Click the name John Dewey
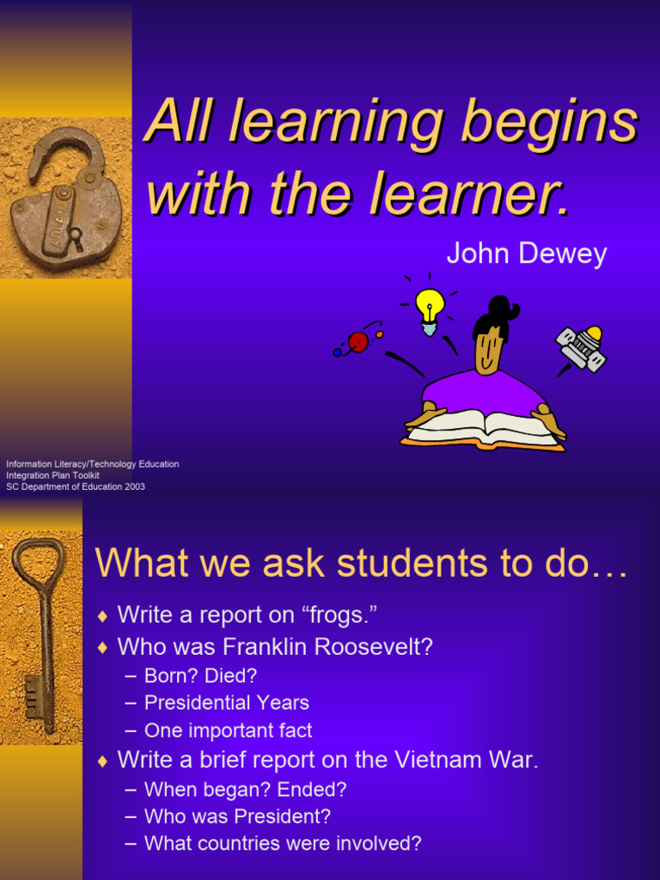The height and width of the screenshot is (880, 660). coord(526,254)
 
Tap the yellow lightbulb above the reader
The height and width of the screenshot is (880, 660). coord(430,306)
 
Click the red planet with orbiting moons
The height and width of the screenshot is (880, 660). coord(358,342)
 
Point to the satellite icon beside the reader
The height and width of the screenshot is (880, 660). coord(583,346)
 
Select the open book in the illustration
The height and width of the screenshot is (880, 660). coord(483,428)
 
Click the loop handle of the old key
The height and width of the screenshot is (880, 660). coord(38,563)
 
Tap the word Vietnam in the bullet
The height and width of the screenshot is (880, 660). coord(443,760)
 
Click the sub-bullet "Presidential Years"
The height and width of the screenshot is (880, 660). coord(226,703)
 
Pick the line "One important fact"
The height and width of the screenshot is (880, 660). coord(228,731)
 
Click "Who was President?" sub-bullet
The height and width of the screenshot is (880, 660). coord(237,816)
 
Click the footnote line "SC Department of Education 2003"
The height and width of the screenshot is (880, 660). coord(76,486)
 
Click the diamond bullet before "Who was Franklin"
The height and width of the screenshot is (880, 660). coord(103,647)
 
